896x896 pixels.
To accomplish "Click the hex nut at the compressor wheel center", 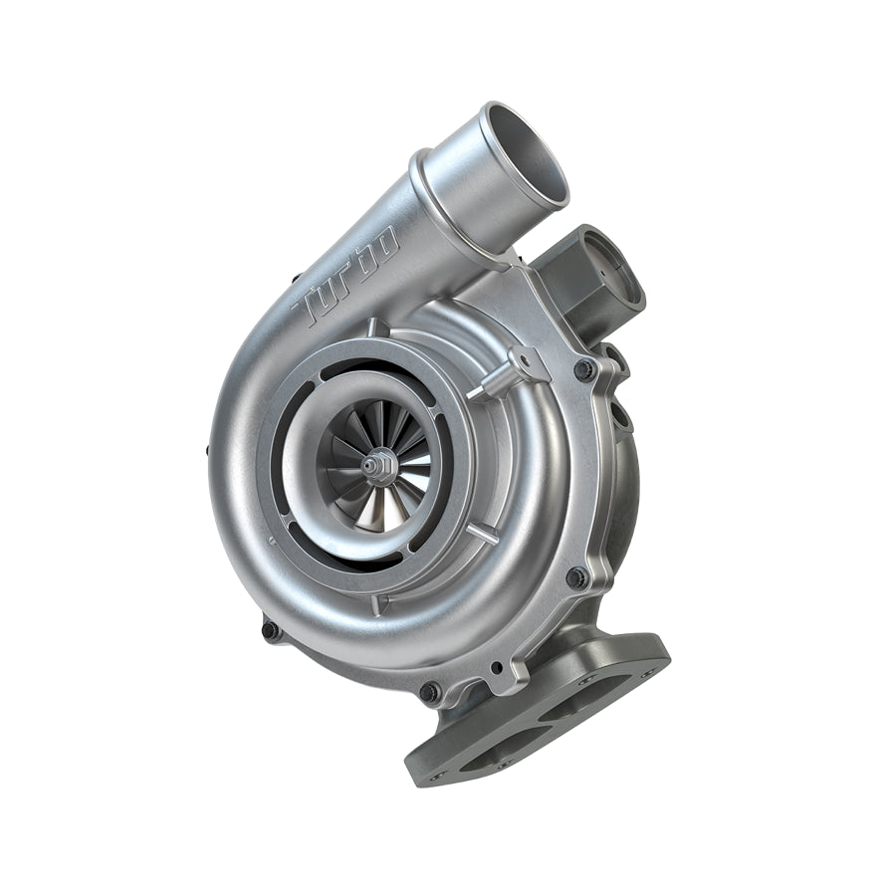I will click(376, 465).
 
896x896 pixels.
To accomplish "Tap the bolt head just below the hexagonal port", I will click(584, 369).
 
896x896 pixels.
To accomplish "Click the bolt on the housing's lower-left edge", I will click(271, 630).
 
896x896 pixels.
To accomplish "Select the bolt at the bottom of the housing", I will click(430, 691).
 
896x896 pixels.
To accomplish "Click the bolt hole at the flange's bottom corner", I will click(438, 771).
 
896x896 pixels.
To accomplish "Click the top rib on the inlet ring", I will click(371, 328).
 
